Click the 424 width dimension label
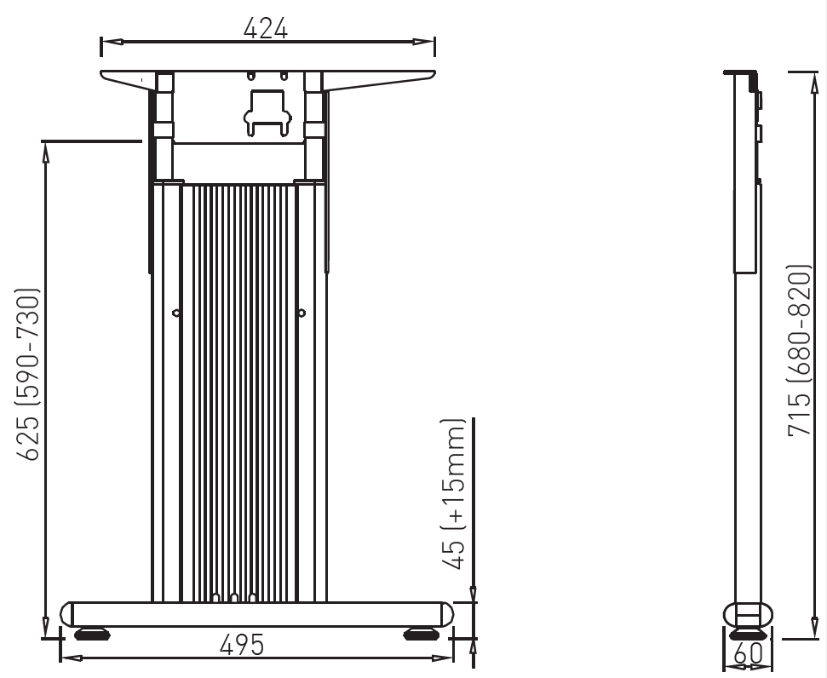[265, 28]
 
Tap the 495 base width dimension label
[242, 645]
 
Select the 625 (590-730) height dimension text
[27, 374]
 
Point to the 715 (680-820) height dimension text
[799, 350]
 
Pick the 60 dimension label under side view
[748, 654]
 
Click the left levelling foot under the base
[92, 634]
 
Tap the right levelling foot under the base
[422, 634]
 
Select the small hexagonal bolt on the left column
[176, 313]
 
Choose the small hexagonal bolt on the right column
[302, 313]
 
